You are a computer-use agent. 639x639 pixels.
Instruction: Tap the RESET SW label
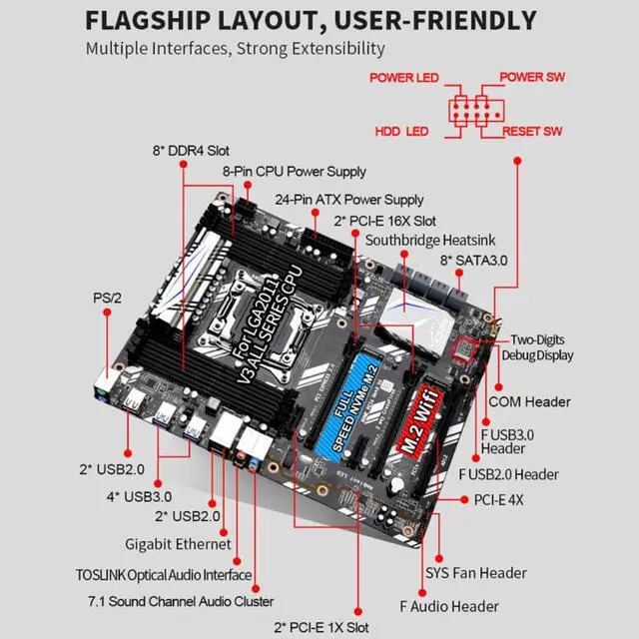point(532,131)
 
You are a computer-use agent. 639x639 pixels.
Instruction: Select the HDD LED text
point(401,131)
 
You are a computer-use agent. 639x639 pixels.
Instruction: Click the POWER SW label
point(535,77)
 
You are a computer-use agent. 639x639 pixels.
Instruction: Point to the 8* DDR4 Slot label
point(190,150)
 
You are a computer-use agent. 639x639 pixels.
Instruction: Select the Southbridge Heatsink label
point(430,240)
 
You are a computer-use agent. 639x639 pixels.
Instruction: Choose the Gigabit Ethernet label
point(179,544)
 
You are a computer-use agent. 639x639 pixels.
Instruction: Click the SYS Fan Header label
point(478,574)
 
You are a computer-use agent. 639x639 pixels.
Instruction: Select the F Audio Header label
point(448,606)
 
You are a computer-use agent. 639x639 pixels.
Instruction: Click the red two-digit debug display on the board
point(465,347)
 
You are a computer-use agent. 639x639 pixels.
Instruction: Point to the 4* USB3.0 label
point(139,495)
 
